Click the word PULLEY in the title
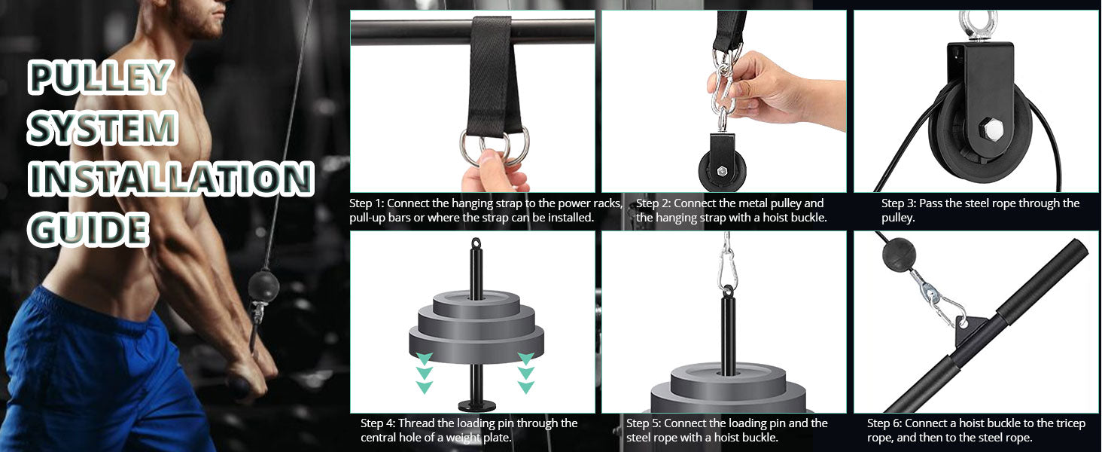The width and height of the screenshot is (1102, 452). click(100, 78)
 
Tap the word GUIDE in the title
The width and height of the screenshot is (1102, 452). click(88, 229)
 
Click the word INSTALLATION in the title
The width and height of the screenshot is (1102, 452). click(171, 179)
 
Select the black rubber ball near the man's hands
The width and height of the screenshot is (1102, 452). click(263, 286)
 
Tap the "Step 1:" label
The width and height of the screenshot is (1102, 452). click(367, 203)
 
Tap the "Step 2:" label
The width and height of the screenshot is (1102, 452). click(653, 203)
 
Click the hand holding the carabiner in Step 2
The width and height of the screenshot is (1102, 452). click(760, 90)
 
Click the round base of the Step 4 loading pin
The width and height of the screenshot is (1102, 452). click(476, 405)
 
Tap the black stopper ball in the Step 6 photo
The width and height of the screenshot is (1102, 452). click(898, 254)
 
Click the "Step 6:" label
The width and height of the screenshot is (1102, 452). click(884, 423)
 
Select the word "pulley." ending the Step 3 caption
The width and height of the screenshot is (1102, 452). click(898, 218)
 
